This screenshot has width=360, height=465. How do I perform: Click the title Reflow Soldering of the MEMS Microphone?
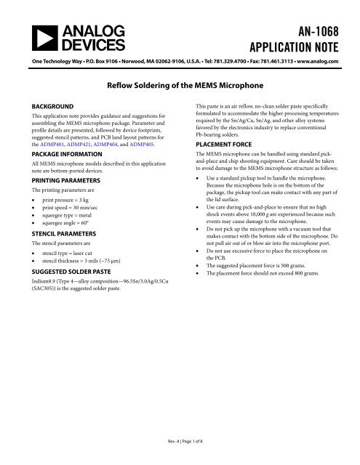pos(180,86)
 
